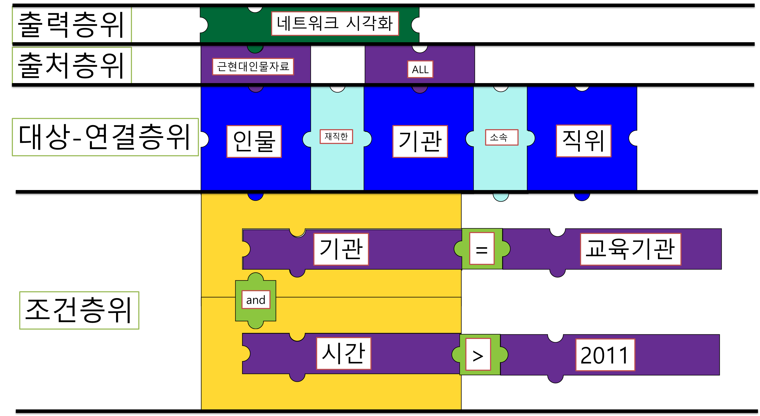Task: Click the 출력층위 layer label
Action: click(x=72, y=24)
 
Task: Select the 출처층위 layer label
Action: click(x=72, y=65)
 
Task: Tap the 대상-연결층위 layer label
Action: click(x=105, y=137)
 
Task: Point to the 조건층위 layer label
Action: click(x=79, y=310)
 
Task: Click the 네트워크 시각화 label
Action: click(x=335, y=24)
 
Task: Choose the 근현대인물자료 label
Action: click(x=253, y=67)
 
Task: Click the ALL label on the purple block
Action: click(x=420, y=70)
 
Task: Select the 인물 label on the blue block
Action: click(x=254, y=142)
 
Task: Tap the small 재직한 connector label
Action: click(x=336, y=137)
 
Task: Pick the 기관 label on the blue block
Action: click(x=420, y=142)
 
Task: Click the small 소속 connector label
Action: click(x=502, y=137)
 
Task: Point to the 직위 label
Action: click(x=584, y=141)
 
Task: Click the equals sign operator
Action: click(x=482, y=248)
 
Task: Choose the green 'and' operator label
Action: click(x=256, y=300)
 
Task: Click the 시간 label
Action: click(x=344, y=353)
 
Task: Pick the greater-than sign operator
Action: click(x=478, y=354)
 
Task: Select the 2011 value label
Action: click(x=605, y=355)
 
